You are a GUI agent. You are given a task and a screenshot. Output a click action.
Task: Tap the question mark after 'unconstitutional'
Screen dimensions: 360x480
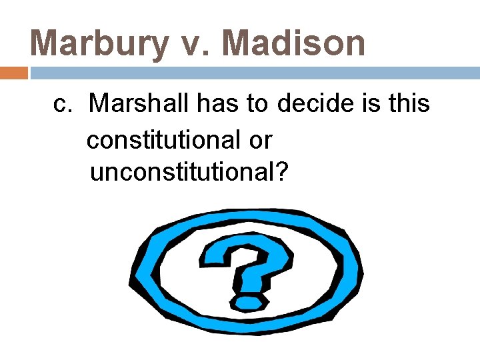(x=282, y=173)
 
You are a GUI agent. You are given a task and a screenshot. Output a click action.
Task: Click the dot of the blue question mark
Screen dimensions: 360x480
(x=249, y=302)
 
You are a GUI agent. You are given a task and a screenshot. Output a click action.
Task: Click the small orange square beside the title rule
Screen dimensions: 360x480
(x=14, y=73)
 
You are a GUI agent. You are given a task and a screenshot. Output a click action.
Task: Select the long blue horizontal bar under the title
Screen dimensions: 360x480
(x=253, y=73)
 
